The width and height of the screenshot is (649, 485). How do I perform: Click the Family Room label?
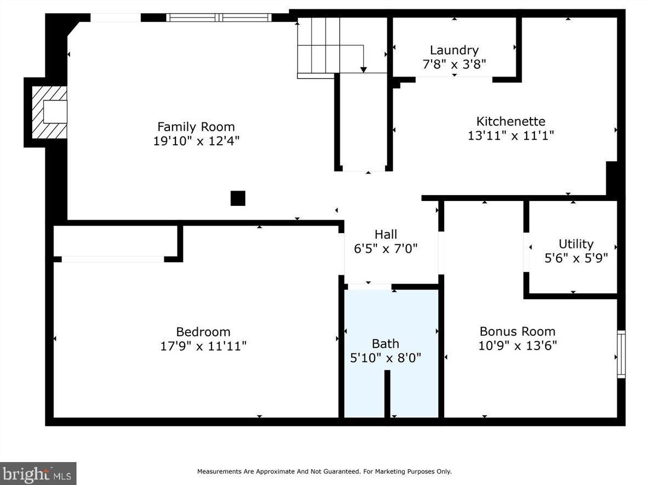(x=196, y=127)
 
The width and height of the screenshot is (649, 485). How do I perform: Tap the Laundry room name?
(x=454, y=50)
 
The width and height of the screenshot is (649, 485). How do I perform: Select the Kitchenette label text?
(x=511, y=121)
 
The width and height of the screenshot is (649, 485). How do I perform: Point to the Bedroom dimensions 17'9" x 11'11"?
(x=203, y=346)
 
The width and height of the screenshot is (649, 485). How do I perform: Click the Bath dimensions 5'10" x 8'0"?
(x=385, y=358)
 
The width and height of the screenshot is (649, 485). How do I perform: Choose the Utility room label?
(x=576, y=244)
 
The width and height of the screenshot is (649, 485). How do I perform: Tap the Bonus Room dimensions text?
(x=517, y=345)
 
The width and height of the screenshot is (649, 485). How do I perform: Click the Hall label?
(x=386, y=234)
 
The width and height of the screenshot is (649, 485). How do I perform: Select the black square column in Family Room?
(x=238, y=198)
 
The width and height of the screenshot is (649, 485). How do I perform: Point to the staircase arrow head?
(x=363, y=69)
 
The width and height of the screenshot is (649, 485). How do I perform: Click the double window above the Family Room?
(x=219, y=17)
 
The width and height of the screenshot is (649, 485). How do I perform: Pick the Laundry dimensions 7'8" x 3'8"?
(x=454, y=64)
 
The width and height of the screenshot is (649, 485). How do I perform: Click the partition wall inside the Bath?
(x=387, y=394)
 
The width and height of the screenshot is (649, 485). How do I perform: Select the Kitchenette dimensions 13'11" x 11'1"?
(x=511, y=135)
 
